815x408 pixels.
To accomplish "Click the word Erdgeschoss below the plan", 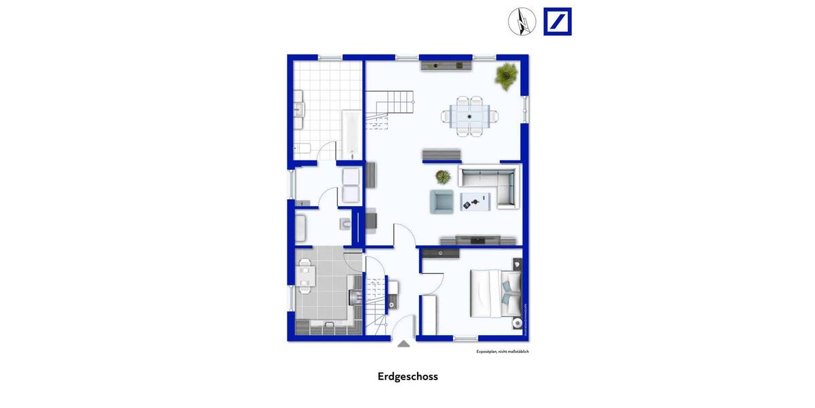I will tap(407, 376).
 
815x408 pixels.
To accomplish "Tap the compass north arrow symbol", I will tap(522, 22).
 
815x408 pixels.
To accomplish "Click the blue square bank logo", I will tap(558, 22).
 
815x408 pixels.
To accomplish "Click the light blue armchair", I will tap(441, 201).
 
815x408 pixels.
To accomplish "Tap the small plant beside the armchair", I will tap(443, 177).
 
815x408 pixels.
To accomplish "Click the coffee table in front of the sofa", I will tap(475, 201).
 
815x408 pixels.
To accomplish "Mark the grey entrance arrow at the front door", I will tap(403, 343).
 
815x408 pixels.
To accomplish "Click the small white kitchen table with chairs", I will tap(305, 276).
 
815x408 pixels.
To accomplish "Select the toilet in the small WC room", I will tap(344, 224).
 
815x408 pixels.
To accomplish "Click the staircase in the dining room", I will tap(388, 109).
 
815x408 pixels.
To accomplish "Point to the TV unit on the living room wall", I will tap(479, 239).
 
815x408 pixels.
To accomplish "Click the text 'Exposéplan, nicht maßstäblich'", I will tap(502, 352).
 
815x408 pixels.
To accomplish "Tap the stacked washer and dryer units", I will tap(350, 184).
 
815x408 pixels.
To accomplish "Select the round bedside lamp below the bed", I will tap(518, 322).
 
